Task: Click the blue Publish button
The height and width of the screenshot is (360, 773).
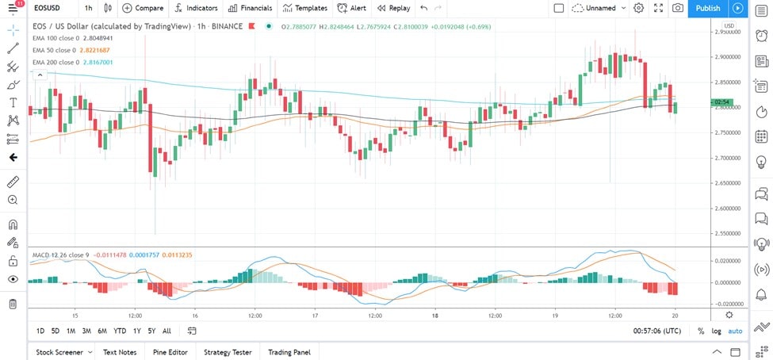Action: pos(708,8)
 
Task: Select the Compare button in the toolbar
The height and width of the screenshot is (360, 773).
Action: pos(143,8)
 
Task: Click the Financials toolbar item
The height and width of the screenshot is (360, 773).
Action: pos(250,8)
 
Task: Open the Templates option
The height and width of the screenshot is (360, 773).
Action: pos(305,8)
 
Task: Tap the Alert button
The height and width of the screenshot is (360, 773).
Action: pos(351,8)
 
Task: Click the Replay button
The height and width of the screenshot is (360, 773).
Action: pos(394,8)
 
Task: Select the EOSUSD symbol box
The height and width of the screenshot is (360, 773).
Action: pos(50,8)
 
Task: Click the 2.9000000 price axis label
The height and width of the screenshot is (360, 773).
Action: pos(726,57)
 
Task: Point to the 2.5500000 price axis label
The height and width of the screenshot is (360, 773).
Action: pos(726,234)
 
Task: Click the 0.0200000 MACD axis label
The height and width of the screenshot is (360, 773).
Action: pos(726,260)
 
